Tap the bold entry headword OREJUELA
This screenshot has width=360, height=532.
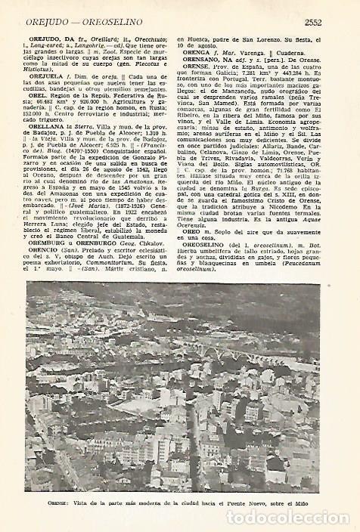click(45, 76)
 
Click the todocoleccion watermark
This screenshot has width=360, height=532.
click(291, 518)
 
